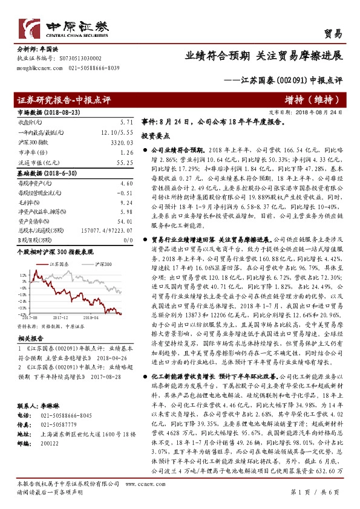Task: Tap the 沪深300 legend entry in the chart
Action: point(103,265)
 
